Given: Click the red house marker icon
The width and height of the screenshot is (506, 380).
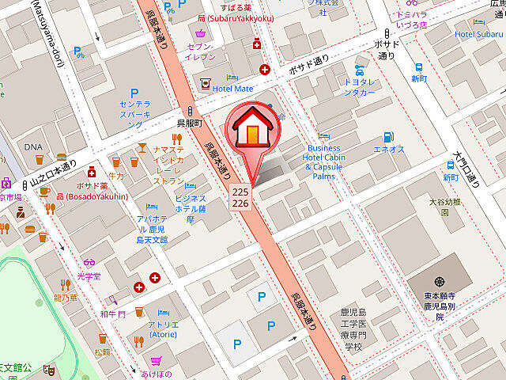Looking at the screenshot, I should pyautogui.click(x=252, y=127).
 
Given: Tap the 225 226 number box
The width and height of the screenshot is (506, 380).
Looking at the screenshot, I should pyautogui.click(x=241, y=198).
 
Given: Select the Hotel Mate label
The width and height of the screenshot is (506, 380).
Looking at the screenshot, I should pyautogui.click(x=232, y=89).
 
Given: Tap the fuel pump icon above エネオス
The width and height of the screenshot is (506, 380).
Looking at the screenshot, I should pyautogui.click(x=387, y=136).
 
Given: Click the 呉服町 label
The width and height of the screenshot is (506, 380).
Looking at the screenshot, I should pyautogui.click(x=190, y=125).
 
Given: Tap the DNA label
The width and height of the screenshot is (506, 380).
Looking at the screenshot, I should pyautogui.click(x=32, y=147).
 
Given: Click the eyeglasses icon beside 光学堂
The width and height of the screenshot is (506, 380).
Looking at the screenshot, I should pyautogui.click(x=89, y=264).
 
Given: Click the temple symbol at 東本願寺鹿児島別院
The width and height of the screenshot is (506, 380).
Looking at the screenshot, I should pyautogui.click(x=440, y=281).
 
